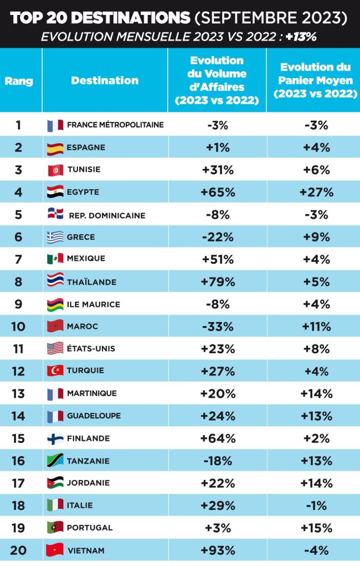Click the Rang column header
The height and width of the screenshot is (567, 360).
click(x=19, y=81)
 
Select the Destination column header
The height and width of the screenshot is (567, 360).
click(x=105, y=80)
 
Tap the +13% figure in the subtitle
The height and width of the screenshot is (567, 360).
click(x=301, y=37)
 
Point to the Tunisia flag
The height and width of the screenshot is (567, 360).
click(x=55, y=170)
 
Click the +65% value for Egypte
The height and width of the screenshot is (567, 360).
click(x=217, y=192)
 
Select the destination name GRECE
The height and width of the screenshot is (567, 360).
click(x=81, y=237)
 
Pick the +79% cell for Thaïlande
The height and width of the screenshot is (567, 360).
click(x=217, y=282)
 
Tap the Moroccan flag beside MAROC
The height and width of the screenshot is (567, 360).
click(x=55, y=326)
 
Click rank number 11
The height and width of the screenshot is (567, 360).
click(x=18, y=349)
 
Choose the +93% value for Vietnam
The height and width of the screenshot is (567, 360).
click(x=217, y=550)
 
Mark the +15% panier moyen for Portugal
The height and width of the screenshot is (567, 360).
click(x=316, y=527)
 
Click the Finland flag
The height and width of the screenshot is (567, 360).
click(x=55, y=438)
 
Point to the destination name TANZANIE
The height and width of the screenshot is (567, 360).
click(x=88, y=461)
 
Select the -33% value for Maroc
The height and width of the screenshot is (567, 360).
click(x=217, y=326)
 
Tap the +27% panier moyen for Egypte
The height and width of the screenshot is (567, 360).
click(x=316, y=192)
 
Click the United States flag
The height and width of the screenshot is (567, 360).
click(x=55, y=349)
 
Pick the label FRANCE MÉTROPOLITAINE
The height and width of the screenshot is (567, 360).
click(x=115, y=125)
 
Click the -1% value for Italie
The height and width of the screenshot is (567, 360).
click(x=316, y=505)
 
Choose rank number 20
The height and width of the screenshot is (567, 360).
click(x=18, y=550)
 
